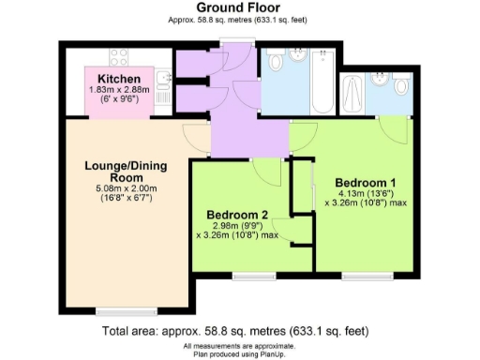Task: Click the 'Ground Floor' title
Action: coord(240,7)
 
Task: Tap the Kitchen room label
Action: coord(120,78)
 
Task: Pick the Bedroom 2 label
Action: coord(237,215)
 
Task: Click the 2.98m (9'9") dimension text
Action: coord(238,226)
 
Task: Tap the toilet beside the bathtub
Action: coord(276,62)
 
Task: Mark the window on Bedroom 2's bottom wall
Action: coord(248,275)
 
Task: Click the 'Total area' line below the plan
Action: coord(240,332)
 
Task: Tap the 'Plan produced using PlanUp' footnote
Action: coord(240,353)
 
